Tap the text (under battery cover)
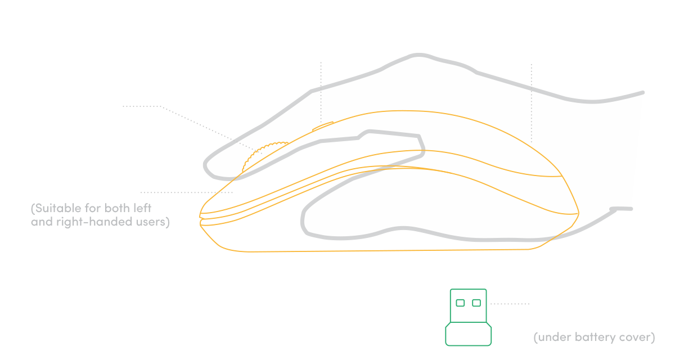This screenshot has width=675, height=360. (593, 337)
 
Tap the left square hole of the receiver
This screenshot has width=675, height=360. (460, 303)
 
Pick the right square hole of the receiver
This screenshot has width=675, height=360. (476, 303)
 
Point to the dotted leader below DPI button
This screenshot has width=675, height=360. (321, 90)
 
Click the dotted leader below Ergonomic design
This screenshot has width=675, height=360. (532, 101)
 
